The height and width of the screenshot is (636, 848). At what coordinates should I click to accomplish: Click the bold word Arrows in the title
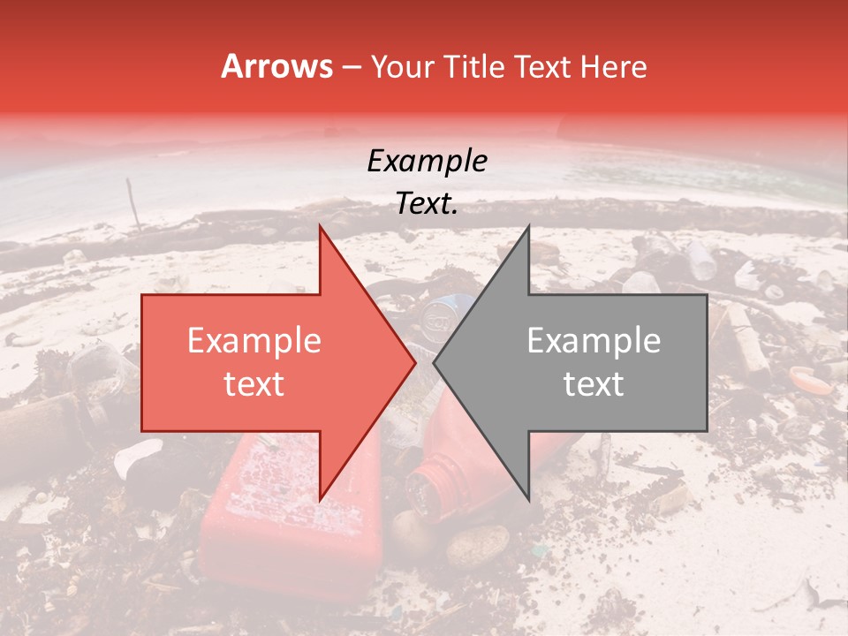(x=276, y=66)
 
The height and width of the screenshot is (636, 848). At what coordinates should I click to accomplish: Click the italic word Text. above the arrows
(x=427, y=203)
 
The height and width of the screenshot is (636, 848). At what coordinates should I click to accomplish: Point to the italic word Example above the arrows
(x=427, y=161)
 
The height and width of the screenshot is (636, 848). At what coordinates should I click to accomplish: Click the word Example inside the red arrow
(x=254, y=341)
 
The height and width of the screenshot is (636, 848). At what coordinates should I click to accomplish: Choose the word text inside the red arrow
(x=254, y=383)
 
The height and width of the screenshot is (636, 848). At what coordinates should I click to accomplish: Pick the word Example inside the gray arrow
(x=594, y=341)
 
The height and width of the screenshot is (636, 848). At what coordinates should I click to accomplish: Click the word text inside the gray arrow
(x=594, y=383)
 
